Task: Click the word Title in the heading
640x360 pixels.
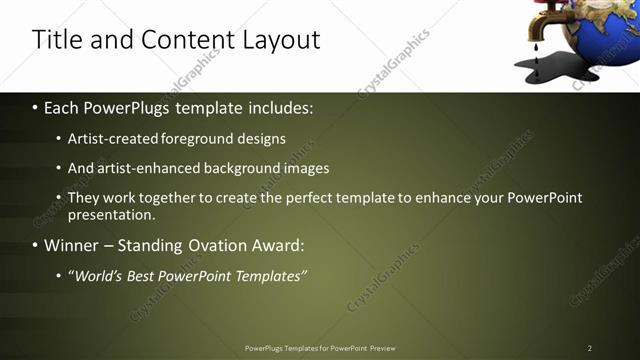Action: [x=57, y=40]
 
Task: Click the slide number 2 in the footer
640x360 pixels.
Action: [x=590, y=348]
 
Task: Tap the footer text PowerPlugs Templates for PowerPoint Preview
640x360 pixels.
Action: [x=320, y=348]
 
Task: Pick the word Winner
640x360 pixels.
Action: [x=74, y=245]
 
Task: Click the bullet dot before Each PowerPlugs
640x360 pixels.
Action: [x=36, y=107]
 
